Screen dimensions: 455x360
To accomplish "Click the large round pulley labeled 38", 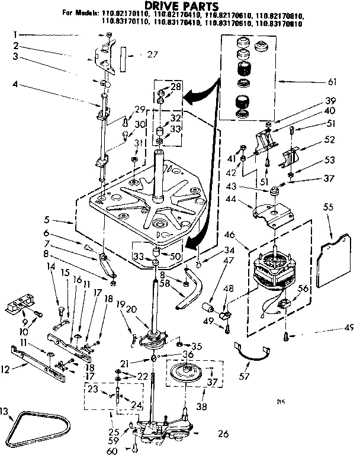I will click(190, 374).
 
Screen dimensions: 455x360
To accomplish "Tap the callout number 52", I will click(330, 140).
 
